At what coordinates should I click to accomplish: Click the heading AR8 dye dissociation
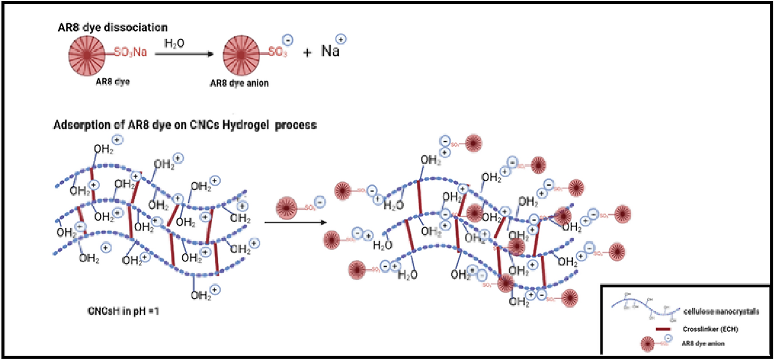[x=112, y=27]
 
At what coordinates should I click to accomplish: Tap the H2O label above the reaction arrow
[x=174, y=43]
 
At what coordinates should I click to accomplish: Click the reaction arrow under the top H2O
[x=184, y=54]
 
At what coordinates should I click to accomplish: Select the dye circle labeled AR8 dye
[x=87, y=56]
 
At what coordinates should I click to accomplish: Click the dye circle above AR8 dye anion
[x=241, y=56]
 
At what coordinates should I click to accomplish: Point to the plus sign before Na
[x=307, y=52]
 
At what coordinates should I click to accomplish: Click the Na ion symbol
[x=330, y=51]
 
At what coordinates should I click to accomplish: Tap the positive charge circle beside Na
[x=341, y=39]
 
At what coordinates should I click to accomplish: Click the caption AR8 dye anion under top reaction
[x=239, y=83]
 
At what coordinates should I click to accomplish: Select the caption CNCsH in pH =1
[x=123, y=311]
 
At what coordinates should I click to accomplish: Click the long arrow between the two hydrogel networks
[x=296, y=222]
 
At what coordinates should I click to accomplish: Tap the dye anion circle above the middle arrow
[x=287, y=208]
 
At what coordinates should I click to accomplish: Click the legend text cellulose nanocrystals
[x=721, y=311]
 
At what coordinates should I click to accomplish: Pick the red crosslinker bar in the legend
[x=663, y=329]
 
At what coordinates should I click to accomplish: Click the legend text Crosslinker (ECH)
[x=710, y=329]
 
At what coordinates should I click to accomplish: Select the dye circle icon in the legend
[x=647, y=344]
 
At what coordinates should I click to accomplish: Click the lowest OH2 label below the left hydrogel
[x=200, y=296]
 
